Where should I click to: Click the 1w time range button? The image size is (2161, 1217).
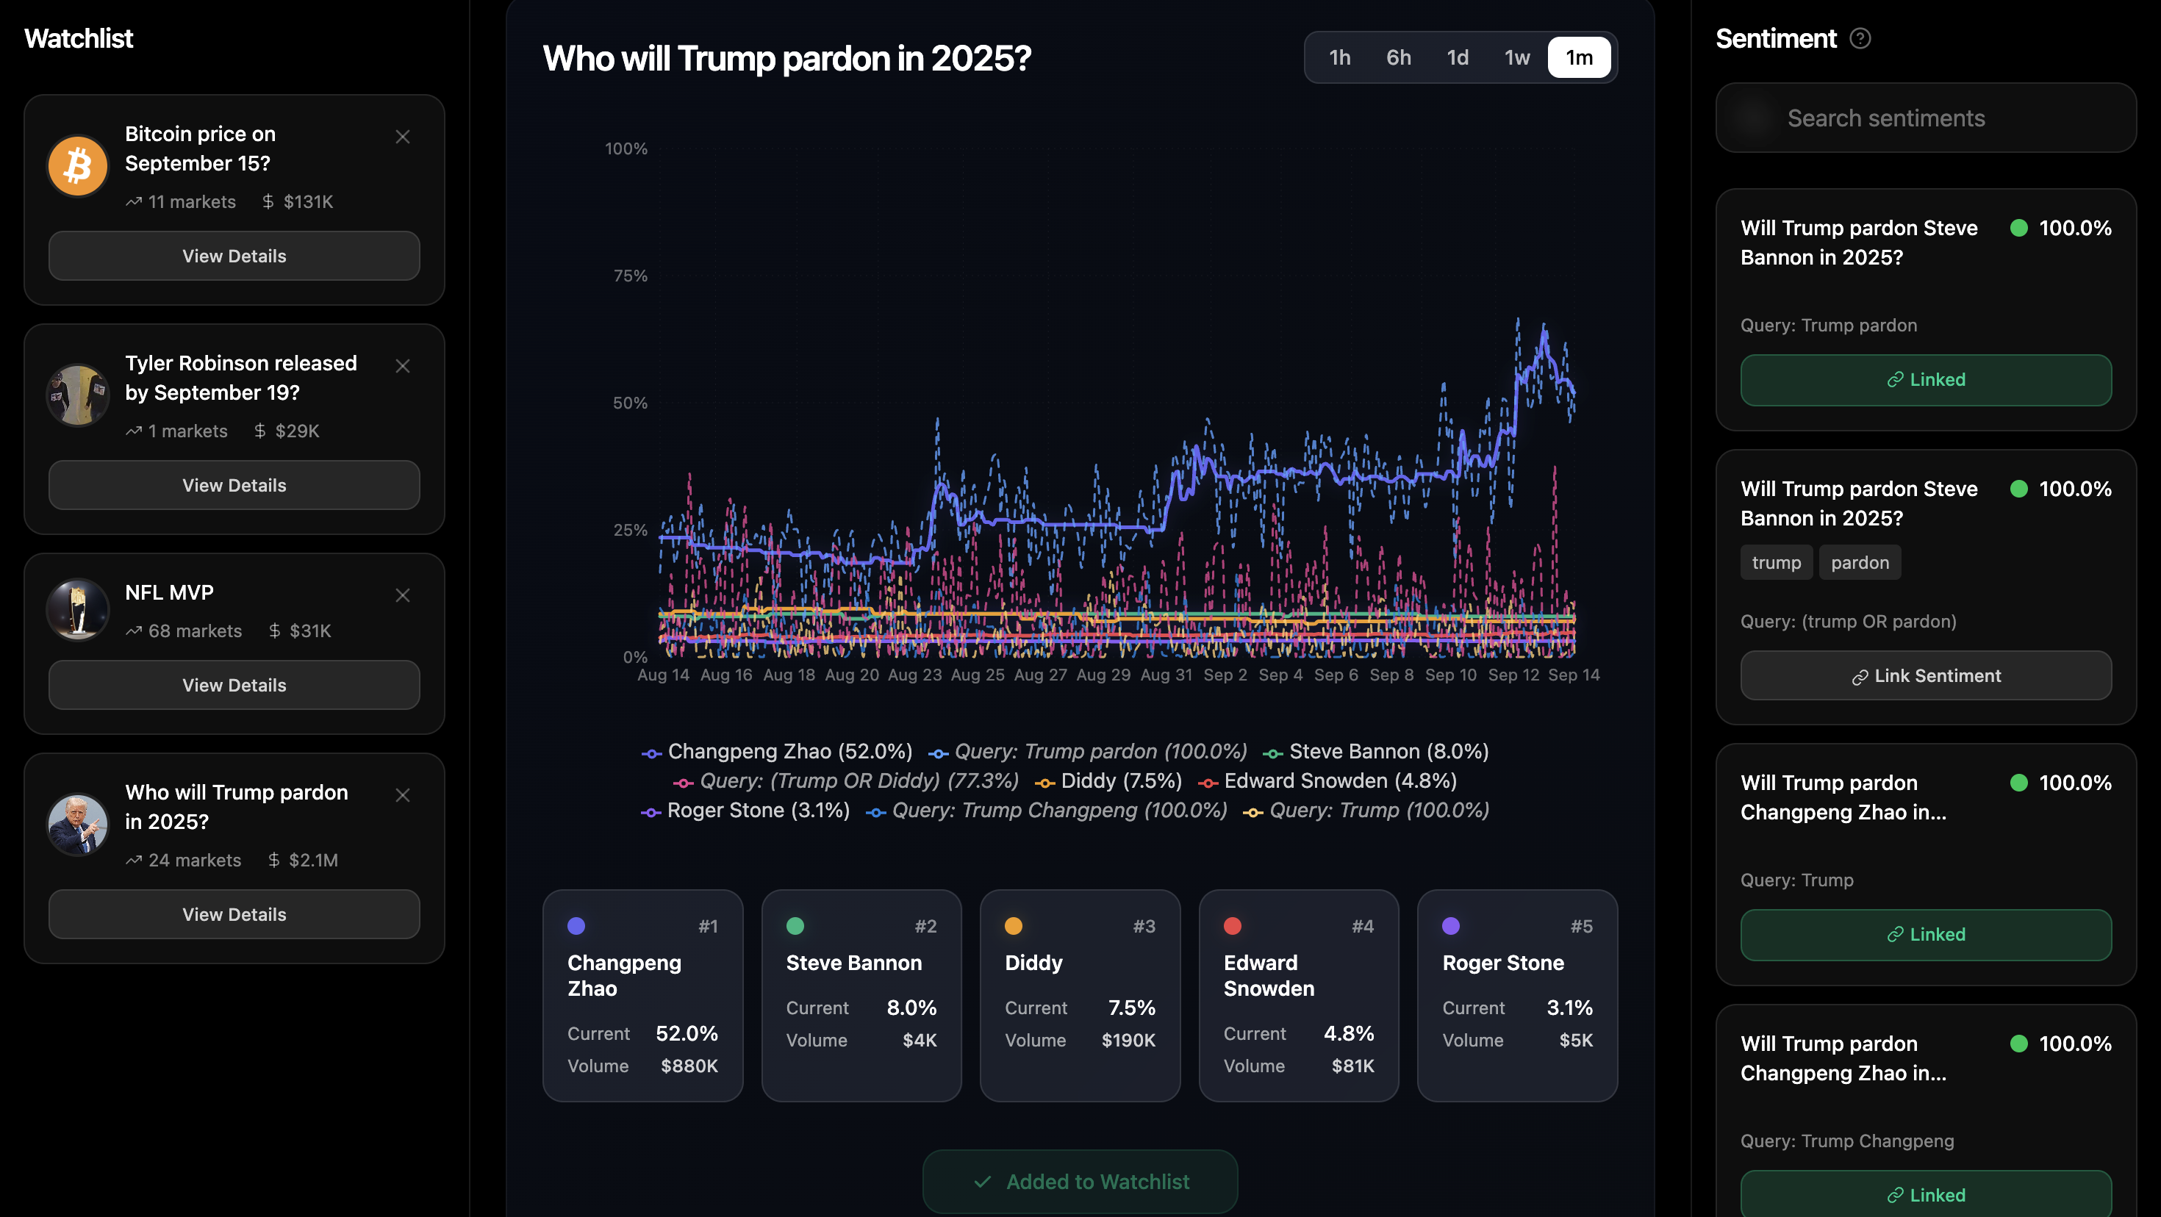click(1516, 58)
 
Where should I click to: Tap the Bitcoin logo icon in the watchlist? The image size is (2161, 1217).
click(77, 165)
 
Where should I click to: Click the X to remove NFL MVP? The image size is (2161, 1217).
click(403, 595)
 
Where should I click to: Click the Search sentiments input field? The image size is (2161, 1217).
click(1926, 118)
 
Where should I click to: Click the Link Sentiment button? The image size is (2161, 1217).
click(1925, 676)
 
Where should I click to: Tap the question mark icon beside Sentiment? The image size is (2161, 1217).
click(1860, 38)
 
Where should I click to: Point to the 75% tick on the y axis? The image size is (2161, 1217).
click(630, 276)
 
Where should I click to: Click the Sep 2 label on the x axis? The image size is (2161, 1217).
click(1225, 675)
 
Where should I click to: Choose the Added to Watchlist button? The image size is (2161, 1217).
click(1080, 1182)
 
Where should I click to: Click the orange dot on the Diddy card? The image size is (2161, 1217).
click(1014, 926)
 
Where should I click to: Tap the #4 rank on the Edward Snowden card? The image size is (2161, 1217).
click(1362, 926)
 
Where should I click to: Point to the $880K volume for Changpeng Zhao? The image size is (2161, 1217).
click(689, 1066)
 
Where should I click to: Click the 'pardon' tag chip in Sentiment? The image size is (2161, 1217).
click(1859, 563)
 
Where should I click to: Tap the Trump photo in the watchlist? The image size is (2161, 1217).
click(77, 825)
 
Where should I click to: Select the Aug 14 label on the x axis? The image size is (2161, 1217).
click(663, 675)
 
